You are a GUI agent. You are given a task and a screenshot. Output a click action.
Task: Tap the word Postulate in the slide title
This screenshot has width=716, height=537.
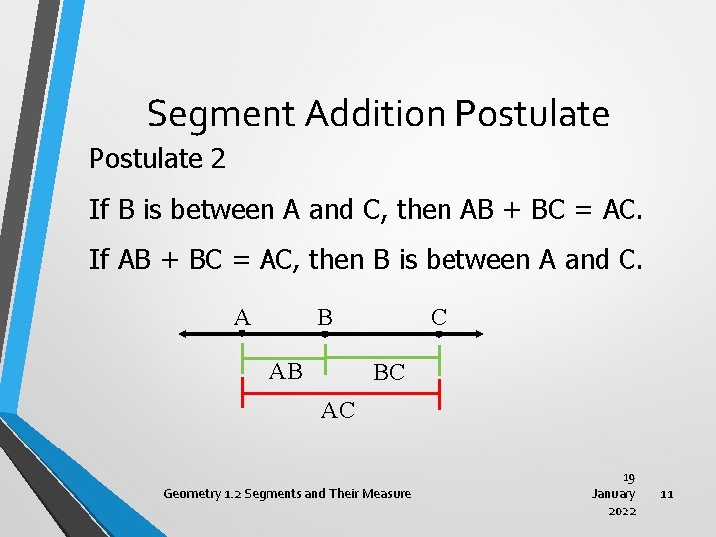(532, 115)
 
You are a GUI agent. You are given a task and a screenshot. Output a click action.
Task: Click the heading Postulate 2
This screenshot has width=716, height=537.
(157, 158)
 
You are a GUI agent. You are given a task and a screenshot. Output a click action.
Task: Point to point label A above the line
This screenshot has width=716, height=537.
(241, 318)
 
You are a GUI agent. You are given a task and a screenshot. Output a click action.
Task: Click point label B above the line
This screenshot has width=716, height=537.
(324, 318)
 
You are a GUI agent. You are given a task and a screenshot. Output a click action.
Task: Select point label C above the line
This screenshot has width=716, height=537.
(439, 318)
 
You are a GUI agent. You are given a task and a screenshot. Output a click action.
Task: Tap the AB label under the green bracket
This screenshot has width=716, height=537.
(286, 372)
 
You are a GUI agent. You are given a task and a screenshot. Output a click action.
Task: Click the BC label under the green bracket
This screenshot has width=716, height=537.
(388, 373)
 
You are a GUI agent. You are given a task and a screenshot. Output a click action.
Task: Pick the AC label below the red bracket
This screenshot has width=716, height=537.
(338, 410)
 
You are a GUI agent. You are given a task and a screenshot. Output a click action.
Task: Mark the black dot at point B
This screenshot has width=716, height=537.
(325, 335)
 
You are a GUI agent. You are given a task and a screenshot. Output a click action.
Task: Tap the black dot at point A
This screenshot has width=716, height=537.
(242, 335)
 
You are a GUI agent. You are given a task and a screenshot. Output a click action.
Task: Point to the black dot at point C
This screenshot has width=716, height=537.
(439, 335)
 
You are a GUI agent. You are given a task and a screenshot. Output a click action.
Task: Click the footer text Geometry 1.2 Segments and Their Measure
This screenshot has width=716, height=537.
(286, 494)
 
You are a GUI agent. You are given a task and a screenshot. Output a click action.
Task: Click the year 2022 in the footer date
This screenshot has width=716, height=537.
(622, 511)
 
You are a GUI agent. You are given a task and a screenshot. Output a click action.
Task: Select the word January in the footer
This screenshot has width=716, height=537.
(614, 494)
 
